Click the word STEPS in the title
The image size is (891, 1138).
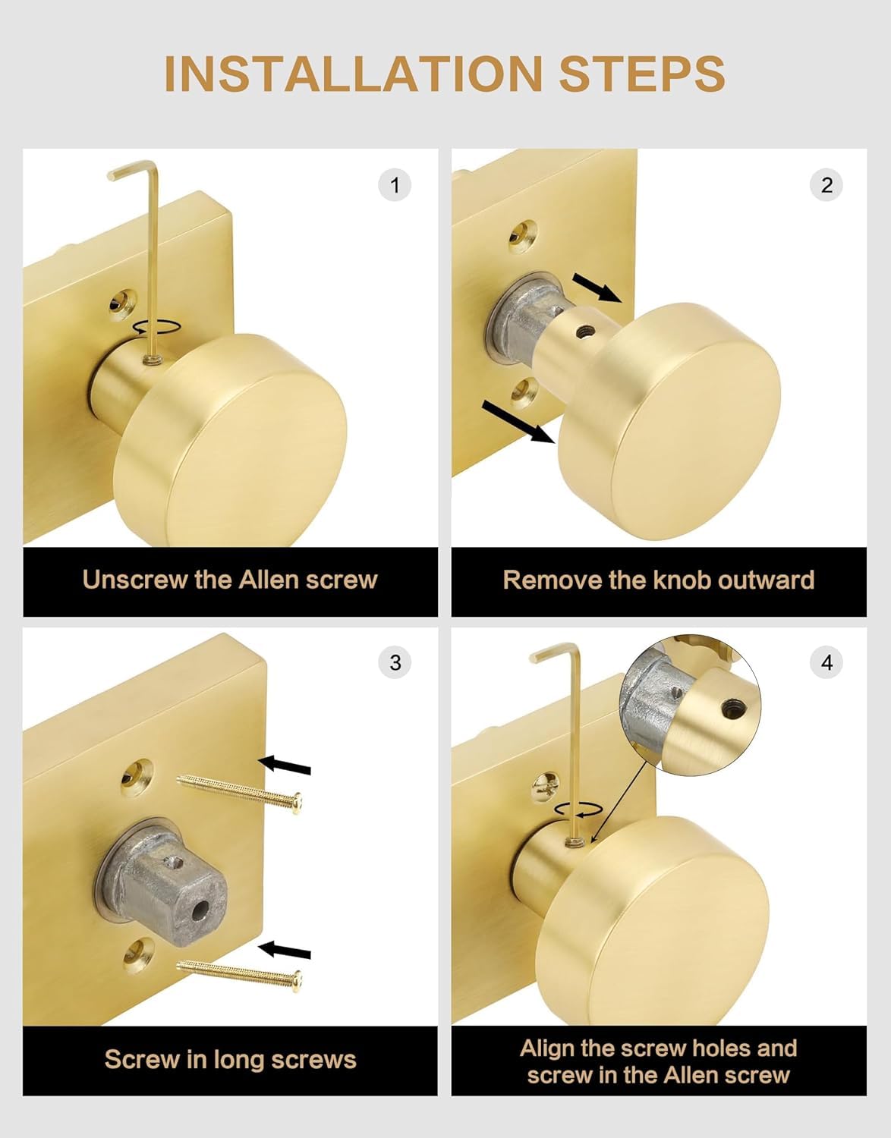coord(642,73)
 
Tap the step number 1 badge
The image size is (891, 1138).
coord(395,185)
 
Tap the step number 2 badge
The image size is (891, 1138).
coord(826,185)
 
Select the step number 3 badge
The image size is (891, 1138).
coord(395,662)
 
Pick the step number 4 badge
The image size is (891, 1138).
coord(826,662)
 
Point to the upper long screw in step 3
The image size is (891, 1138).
coord(239,794)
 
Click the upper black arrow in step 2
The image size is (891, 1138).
coord(597,288)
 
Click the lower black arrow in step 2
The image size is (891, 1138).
coord(518,422)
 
